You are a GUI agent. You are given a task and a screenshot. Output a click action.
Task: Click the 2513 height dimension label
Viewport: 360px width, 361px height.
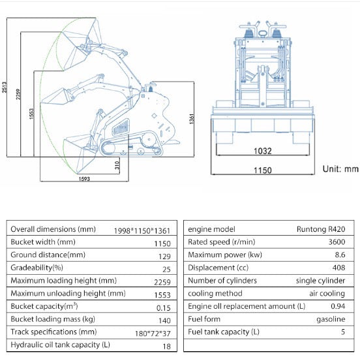(5, 87)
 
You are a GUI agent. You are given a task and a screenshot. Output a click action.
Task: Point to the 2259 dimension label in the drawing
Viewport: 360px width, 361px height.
(18, 94)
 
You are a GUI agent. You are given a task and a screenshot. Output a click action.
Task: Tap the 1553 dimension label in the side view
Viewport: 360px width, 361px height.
(31, 114)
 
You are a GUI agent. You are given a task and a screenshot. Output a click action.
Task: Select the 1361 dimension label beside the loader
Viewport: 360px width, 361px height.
(192, 119)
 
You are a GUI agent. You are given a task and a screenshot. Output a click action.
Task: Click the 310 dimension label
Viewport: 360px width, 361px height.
(117, 165)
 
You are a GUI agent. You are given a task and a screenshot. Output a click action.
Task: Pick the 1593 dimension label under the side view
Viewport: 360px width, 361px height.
(84, 179)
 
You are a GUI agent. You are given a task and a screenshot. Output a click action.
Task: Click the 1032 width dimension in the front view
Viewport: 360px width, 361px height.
(263, 151)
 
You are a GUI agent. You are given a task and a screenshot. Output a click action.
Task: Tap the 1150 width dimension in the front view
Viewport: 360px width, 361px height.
(263, 170)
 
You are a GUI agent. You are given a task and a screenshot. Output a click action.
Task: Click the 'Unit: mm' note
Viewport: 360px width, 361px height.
(340, 169)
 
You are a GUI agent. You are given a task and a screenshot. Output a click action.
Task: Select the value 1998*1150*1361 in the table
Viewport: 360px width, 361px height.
(142, 230)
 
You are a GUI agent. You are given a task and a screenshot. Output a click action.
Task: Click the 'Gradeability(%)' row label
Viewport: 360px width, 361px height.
(37, 268)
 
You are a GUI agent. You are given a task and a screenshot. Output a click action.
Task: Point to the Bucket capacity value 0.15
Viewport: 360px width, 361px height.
(163, 308)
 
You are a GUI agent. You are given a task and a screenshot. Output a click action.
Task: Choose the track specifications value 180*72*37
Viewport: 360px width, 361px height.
(153, 334)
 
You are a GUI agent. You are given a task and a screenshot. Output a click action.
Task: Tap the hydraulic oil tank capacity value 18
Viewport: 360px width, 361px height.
(166, 346)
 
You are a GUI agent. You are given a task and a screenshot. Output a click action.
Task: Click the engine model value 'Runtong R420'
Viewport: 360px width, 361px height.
(321, 229)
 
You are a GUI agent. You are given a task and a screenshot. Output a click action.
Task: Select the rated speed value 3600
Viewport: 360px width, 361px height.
(337, 242)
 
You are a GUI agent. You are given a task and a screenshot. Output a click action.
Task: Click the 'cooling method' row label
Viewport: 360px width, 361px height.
(215, 293)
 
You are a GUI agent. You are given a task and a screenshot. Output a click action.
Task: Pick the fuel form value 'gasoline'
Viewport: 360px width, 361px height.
(331, 319)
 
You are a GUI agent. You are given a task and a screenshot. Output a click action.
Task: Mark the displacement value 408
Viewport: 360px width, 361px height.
(339, 268)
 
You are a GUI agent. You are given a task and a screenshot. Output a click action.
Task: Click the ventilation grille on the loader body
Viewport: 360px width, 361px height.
(121, 127)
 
